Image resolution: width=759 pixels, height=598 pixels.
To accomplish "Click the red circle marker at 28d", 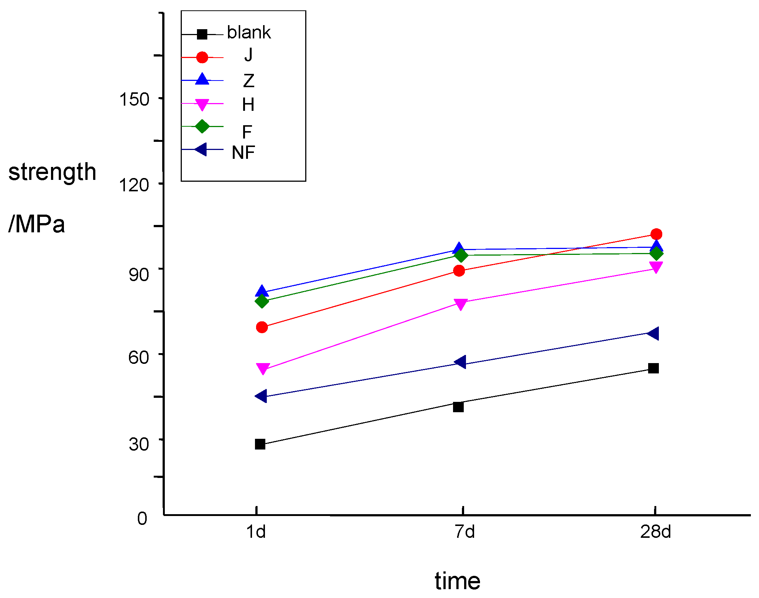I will click(x=656, y=234).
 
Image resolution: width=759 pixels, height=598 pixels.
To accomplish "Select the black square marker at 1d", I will click(x=260, y=444).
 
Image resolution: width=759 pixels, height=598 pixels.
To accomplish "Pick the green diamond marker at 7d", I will click(x=461, y=255).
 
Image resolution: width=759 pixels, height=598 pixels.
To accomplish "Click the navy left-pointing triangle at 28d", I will click(x=653, y=334).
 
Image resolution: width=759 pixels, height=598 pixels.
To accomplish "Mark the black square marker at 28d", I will click(x=653, y=368).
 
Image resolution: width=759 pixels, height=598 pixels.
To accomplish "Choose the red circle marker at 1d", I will click(x=262, y=327).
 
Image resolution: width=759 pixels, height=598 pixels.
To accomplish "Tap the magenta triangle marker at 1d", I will click(x=262, y=368).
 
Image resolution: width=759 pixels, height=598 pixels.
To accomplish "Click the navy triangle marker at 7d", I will click(x=460, y=362).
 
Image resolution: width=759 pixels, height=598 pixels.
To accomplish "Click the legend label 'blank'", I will click(x=249, y=33).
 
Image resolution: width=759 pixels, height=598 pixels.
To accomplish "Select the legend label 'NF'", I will click(x=243, y=153).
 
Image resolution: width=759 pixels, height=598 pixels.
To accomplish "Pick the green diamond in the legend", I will click(x=202, y=126).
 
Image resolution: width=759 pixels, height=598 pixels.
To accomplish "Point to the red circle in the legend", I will click(x=202, y=57).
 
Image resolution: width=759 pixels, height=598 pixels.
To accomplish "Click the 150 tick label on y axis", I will click(x=134, y=99).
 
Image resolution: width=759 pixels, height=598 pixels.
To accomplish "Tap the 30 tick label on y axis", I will click(x=139, y=444).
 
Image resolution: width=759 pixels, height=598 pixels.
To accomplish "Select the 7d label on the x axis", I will click(x=464, y=532).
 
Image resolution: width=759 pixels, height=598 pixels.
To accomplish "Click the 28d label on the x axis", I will click(x=655, y=532).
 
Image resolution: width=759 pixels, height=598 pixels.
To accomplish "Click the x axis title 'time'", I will click(x=457, y=581).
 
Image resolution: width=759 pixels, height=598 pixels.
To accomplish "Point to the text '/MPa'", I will click(x=37, y=224).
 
